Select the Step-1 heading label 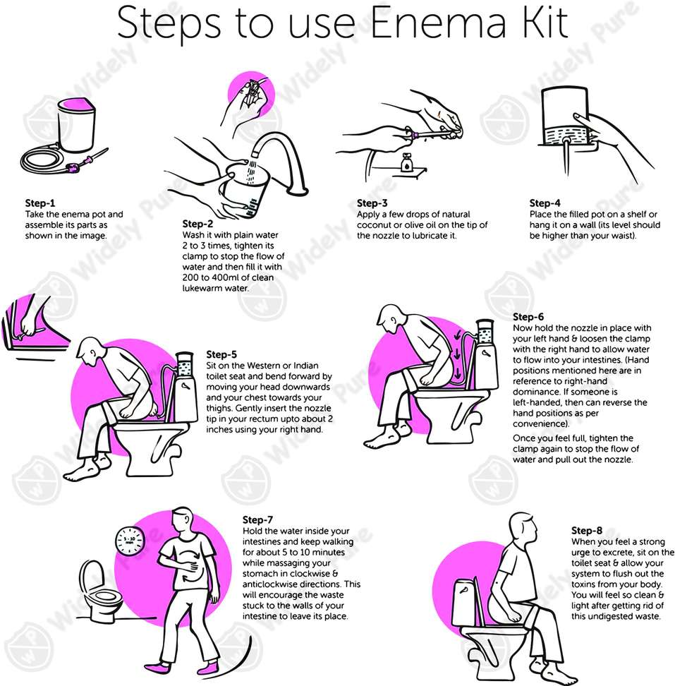(39, 203)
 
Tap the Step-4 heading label (545, 203)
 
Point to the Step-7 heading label (258, 519)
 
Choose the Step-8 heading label (587, 530)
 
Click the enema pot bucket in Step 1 (75, 124)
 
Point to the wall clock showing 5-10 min (130, 541)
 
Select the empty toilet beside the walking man (99, 591)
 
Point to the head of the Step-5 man (90, 351)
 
